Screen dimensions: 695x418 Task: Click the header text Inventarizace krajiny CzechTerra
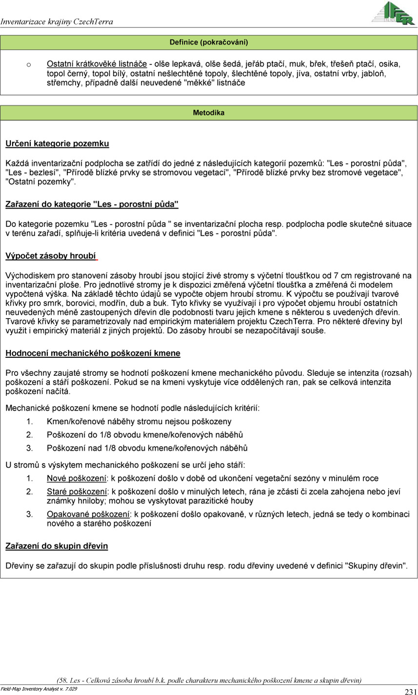(x=57, y=22)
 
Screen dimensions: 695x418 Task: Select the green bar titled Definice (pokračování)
(x=209, y=42)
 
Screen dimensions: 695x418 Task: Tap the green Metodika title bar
(x=209, y=113)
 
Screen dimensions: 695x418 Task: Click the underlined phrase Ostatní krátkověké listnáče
(x=97, y=64)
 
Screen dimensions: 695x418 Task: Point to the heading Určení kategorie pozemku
(x=57, y=143)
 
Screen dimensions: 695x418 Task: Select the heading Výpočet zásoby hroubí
(x=51, y=256)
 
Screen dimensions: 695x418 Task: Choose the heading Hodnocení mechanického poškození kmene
(x=93, y=353)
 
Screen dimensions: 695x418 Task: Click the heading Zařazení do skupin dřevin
(x=57, y=546)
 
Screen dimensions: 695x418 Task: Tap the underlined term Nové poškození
(x=77, y=478)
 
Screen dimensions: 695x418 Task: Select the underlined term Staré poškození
(x=77, y=491)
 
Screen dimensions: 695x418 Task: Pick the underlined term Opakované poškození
(x=88, y=514)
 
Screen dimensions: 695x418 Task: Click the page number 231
(x=410, y=691)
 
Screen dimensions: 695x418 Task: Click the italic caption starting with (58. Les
(x=209, y=679)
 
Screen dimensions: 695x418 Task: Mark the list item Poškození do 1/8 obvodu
(x=145, y=434)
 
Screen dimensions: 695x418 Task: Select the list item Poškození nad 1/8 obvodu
(x=147, y=448)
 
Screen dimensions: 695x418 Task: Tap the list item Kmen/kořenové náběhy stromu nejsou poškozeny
(x=139, y=421)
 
